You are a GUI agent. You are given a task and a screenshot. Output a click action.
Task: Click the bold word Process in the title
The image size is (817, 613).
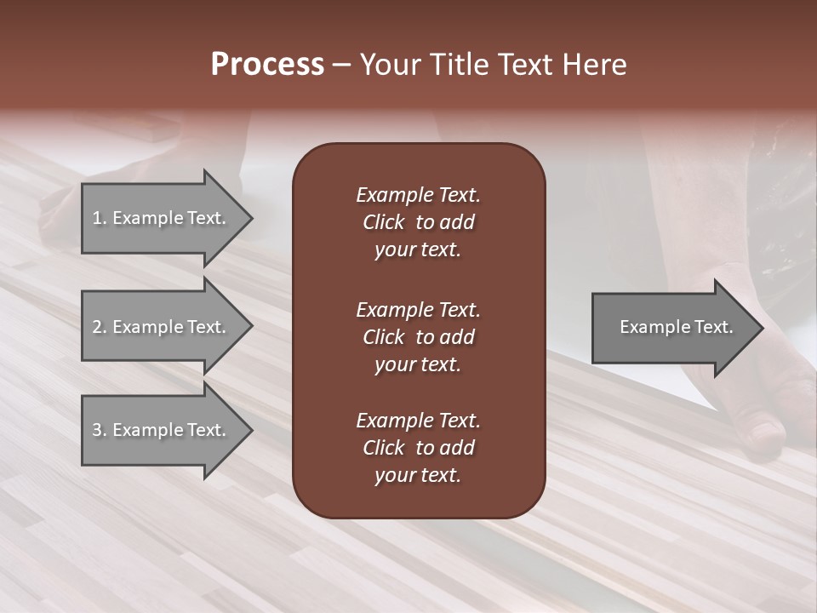[x=267, y=65]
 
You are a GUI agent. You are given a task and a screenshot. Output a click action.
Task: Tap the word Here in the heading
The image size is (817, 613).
[x=594, y=65]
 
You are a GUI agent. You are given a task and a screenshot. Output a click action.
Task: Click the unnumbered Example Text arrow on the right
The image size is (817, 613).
[x=676, y=327]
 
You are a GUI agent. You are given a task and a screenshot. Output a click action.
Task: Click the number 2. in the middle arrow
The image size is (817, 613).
[x=100, y=327]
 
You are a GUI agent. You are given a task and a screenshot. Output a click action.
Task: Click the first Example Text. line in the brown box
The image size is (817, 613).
[x=418, y=195]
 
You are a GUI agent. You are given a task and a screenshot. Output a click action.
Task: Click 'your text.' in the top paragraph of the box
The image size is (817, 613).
[x=418, y=250]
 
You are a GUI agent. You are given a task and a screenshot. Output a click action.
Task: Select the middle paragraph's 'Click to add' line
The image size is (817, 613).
[x=418, y=337]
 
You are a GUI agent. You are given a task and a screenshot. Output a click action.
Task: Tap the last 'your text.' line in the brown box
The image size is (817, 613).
[x=418, y=475]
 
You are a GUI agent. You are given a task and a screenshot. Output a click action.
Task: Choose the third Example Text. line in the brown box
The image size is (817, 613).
[x=418, y=421]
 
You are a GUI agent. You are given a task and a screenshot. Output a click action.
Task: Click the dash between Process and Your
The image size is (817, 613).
[x=341, y=65]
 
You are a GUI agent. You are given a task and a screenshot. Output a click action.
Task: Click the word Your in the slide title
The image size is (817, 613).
[x=388, y=65]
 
